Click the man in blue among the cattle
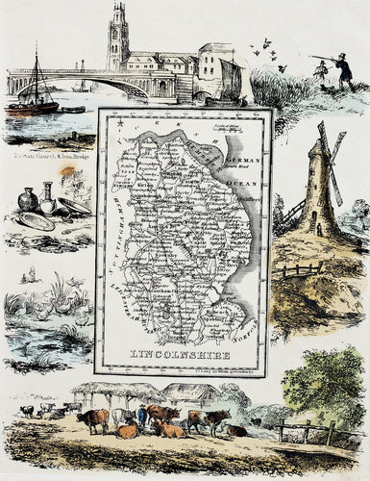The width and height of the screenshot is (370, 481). click(142, 417)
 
